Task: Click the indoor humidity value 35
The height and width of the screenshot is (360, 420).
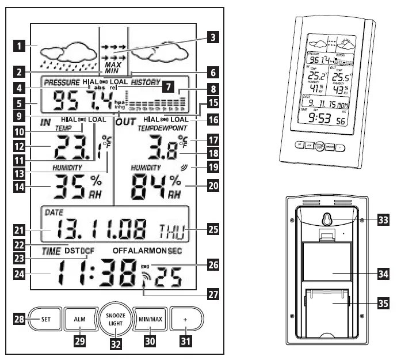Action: coord(68,187)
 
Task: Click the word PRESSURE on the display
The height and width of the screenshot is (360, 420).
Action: coord(62,82)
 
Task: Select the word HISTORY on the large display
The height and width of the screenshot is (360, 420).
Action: coord(145,82)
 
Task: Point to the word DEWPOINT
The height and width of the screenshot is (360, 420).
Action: coord(167,128)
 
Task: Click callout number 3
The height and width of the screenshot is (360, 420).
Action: coord(213,38)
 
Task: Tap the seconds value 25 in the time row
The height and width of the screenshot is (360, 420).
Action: coord(168,278)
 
